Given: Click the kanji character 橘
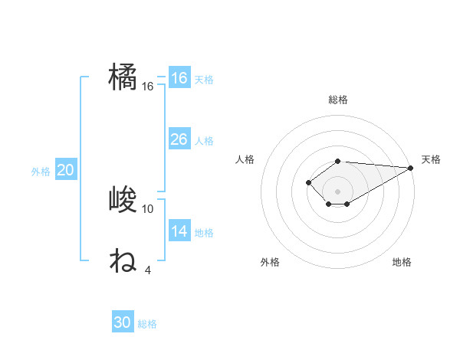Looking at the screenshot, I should coord(123,78).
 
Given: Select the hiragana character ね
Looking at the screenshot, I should coord(123,261).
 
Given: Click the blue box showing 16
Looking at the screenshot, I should coord(179,78).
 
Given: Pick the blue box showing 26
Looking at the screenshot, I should coord(179,139).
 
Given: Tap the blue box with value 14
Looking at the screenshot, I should coord(179,231).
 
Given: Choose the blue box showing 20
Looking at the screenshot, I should coord(65,170).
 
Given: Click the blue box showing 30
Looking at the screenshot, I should coord(123,322).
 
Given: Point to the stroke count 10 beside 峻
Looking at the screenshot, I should coord(148,208).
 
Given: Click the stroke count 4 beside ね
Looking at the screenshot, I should coord(148,270).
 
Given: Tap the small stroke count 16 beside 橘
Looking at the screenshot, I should coord(148,87).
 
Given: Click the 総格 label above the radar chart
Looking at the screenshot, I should coord(338,100).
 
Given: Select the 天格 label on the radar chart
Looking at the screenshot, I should coord(431,159).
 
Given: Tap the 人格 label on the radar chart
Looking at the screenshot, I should coord(245,159).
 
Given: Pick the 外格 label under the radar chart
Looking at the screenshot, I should coord(270,262).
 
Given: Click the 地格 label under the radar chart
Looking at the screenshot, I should coord(402,262).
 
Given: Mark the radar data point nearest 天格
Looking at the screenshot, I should coord(412,167).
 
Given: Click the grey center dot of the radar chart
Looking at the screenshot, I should coord(338,191).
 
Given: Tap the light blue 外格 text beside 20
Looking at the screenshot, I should coord(41,172).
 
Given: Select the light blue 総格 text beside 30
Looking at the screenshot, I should coord(147,324).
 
